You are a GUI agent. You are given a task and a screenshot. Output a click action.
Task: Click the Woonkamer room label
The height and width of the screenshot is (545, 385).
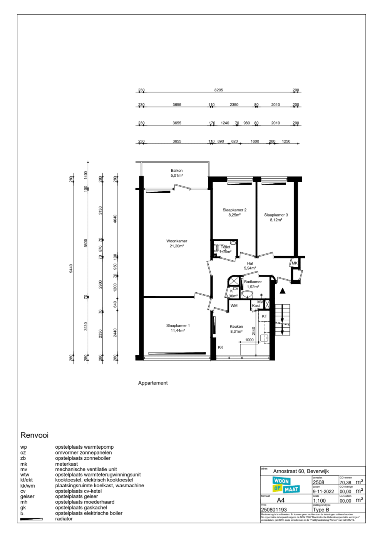177,241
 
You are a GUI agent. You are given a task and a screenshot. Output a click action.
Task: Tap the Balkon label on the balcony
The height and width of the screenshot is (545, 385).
177,171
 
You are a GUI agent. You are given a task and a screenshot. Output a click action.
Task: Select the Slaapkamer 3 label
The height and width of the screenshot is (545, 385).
276,215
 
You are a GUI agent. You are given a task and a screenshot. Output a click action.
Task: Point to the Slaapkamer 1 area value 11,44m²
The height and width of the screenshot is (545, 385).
177,331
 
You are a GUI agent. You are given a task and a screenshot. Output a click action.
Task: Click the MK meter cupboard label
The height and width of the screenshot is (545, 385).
295,263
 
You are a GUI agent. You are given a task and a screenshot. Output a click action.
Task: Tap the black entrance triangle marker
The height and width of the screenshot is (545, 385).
283,291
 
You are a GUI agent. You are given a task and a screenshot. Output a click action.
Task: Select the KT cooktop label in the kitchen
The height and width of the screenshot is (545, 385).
264,316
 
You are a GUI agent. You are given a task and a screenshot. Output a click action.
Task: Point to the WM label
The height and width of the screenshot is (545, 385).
234,306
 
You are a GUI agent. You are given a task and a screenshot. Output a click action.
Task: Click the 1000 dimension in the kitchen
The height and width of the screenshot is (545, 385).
249,340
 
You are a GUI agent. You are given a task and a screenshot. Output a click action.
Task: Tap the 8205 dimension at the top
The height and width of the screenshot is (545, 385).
219,90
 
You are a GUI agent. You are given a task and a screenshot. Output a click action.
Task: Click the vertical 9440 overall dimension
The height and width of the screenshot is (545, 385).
71,268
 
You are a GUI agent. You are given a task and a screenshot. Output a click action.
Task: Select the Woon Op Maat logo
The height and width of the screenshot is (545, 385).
286,485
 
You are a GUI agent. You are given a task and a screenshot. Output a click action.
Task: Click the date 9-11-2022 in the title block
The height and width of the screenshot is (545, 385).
323,491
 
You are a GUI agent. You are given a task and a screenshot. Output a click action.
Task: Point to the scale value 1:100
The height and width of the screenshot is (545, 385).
319,501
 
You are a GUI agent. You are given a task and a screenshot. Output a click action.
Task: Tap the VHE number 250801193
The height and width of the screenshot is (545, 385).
274,510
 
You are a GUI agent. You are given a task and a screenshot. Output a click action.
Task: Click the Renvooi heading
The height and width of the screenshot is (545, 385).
34,435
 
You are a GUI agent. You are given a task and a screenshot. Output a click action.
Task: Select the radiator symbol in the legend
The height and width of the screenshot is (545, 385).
31,519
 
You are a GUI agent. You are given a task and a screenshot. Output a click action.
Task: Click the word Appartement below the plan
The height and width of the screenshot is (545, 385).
153,383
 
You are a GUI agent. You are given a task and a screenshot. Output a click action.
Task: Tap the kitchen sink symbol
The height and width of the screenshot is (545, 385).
264,338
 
